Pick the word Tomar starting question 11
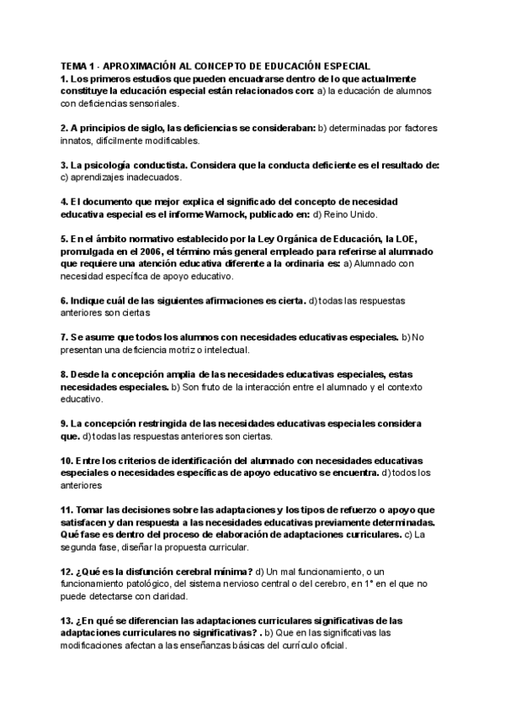(90, 510)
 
